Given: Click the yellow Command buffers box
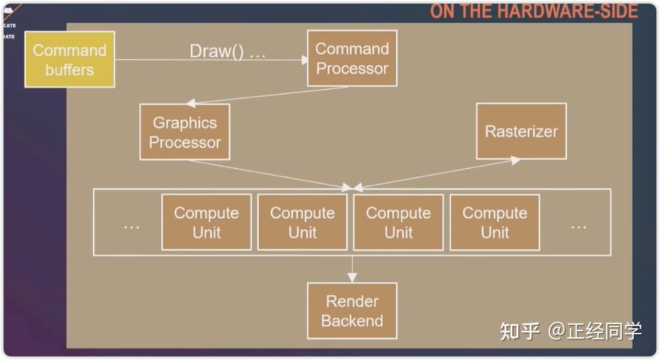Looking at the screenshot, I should pyautogui.click(x=69, y=60).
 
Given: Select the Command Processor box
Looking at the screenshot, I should pyautogui.click(x=352, y=59).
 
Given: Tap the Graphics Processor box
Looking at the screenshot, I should pyautogui.click(x=185, y=132).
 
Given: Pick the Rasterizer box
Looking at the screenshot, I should pyautogui.click(x=521, y=132).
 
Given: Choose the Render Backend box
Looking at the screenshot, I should pyautogui.click(x=352, y=311).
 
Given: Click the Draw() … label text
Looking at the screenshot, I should pyautogui.click(x=227, y=51).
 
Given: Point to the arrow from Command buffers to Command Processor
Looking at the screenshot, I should pyautogui.click(x=209, y=60).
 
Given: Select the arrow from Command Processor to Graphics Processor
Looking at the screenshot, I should pyautogui.click(x=269, y=95).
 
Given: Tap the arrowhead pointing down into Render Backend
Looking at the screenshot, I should pyautogui.click(x=352, y=277).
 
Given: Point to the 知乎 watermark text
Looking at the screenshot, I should pyautogui.click(x=520, y=331).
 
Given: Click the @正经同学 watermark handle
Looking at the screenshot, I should pyautogui.click(x=595, y=331).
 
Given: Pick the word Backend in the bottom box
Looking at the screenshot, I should pyautogui.click(x=352, y=321).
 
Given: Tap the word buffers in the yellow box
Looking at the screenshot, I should pyautogui.click(x=69, y=70).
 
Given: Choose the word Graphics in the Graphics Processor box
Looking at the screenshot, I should pyautogui.click(x=185, y=123).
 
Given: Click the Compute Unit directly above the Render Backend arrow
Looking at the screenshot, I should pyautogui.click(x=398, y=222).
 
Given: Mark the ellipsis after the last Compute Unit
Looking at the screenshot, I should pyautogui.click(x=578, y=225).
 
